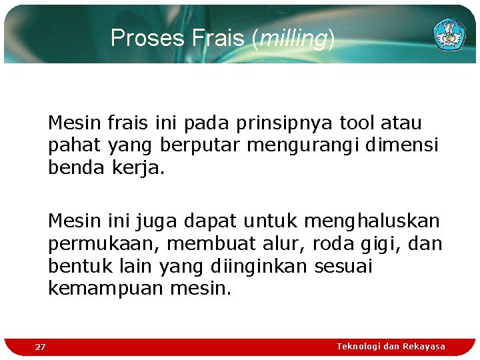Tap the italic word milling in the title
[x=293, y=39]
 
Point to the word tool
[x=357, y=123]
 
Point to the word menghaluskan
[x=372, y=220]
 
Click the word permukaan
[x=99, y=243]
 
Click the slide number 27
[x=41, y=347]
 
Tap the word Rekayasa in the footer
[x=424, y=346]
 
